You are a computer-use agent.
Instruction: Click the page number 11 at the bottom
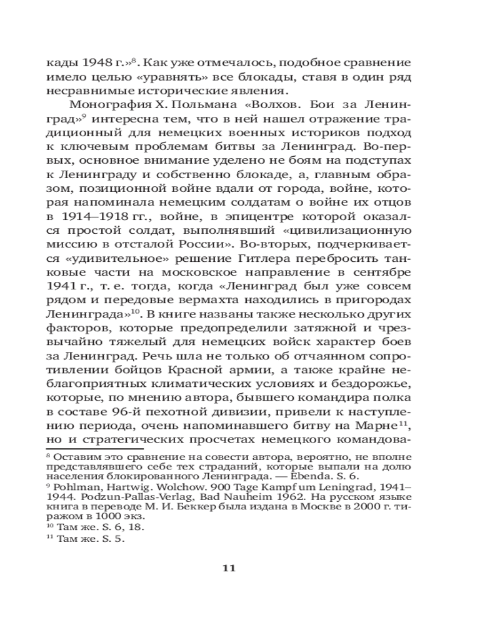pyautogui.click(x=227, y=568)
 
